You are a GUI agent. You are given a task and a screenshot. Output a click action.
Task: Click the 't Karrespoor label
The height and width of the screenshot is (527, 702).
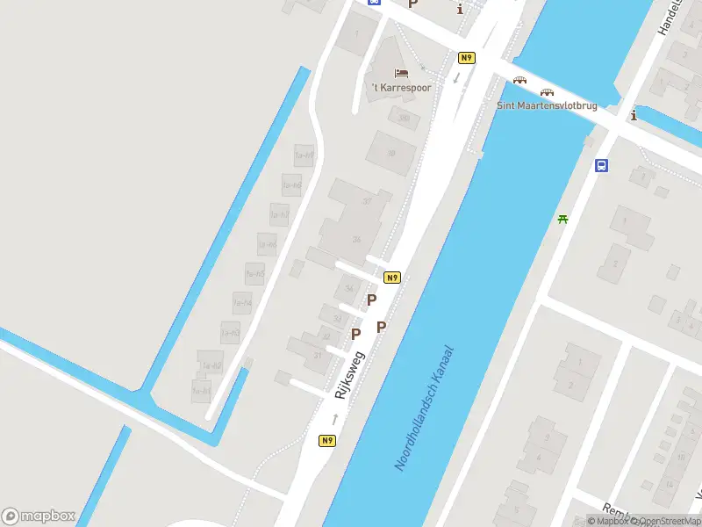pos(401,88)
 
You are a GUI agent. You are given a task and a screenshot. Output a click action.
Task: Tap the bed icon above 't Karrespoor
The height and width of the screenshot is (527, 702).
pos(401,72)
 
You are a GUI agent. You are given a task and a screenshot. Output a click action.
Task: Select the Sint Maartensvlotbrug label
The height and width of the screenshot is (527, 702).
pos(547,105)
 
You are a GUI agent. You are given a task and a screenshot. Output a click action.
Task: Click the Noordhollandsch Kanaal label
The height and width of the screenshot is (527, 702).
pos(426,408)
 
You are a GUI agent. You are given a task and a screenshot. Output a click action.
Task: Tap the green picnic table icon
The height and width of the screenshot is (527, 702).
pos(563,219)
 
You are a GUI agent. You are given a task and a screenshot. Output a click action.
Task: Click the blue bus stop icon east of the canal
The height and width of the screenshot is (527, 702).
pos(602,165)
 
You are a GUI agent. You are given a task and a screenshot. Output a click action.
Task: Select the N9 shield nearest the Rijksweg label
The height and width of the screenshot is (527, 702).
pos(327,441)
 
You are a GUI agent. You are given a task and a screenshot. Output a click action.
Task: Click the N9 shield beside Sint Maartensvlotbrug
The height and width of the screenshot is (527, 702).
pos(467,58)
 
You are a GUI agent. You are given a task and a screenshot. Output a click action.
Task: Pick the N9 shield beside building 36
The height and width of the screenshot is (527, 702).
pos(392,278)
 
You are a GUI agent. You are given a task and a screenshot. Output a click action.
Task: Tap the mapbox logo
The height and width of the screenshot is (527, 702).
pos(39,516)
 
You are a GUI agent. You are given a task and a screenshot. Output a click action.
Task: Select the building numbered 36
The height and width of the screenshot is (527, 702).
pos(356,238)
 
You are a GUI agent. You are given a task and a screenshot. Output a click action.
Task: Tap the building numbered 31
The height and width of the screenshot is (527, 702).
pos(318,353)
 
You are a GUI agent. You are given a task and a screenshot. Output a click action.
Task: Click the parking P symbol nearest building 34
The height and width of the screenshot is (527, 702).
pos(371,300)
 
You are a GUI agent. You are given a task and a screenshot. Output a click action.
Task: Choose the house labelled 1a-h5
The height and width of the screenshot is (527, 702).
pos(254,274)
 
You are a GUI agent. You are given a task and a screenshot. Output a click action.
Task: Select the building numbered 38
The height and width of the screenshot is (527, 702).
pos(391,153)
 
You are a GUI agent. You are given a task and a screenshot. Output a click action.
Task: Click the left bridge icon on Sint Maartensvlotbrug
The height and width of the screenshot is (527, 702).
pos(520,80)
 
